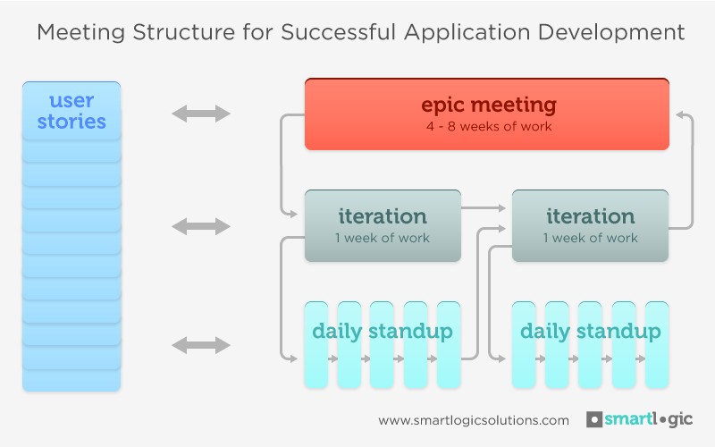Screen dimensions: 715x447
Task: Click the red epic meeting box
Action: [487, 114]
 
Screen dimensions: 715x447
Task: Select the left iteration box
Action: [383, 226]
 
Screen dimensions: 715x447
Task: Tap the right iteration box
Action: [590, 226]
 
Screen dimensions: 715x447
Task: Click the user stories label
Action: [71, 111]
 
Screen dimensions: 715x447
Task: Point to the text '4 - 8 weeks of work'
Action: [489, 126]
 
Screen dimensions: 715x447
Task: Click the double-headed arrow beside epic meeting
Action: [201, 114]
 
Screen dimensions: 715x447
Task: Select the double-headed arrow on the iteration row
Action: [201, 226]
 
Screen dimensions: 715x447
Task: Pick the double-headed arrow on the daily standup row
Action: [201, 345]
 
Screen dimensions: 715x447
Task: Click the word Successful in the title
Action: [338, 32]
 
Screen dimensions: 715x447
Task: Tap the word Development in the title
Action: [611, 33]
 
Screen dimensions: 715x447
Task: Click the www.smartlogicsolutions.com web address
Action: [474, 420]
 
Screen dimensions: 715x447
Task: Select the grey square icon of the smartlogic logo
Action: [594, 419]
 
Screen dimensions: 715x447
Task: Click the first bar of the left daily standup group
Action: [316, 345]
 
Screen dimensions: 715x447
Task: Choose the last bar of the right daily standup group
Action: [657, 345]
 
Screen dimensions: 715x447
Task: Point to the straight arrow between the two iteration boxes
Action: [484, 208]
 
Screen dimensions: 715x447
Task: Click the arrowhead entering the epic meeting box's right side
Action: [680, 114]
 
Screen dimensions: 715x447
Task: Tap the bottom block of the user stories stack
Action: [71, 380]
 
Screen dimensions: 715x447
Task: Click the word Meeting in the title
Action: [80, 33]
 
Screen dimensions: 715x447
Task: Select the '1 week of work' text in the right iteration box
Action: [590, 238]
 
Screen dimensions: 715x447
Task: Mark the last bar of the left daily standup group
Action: [449, 345]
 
